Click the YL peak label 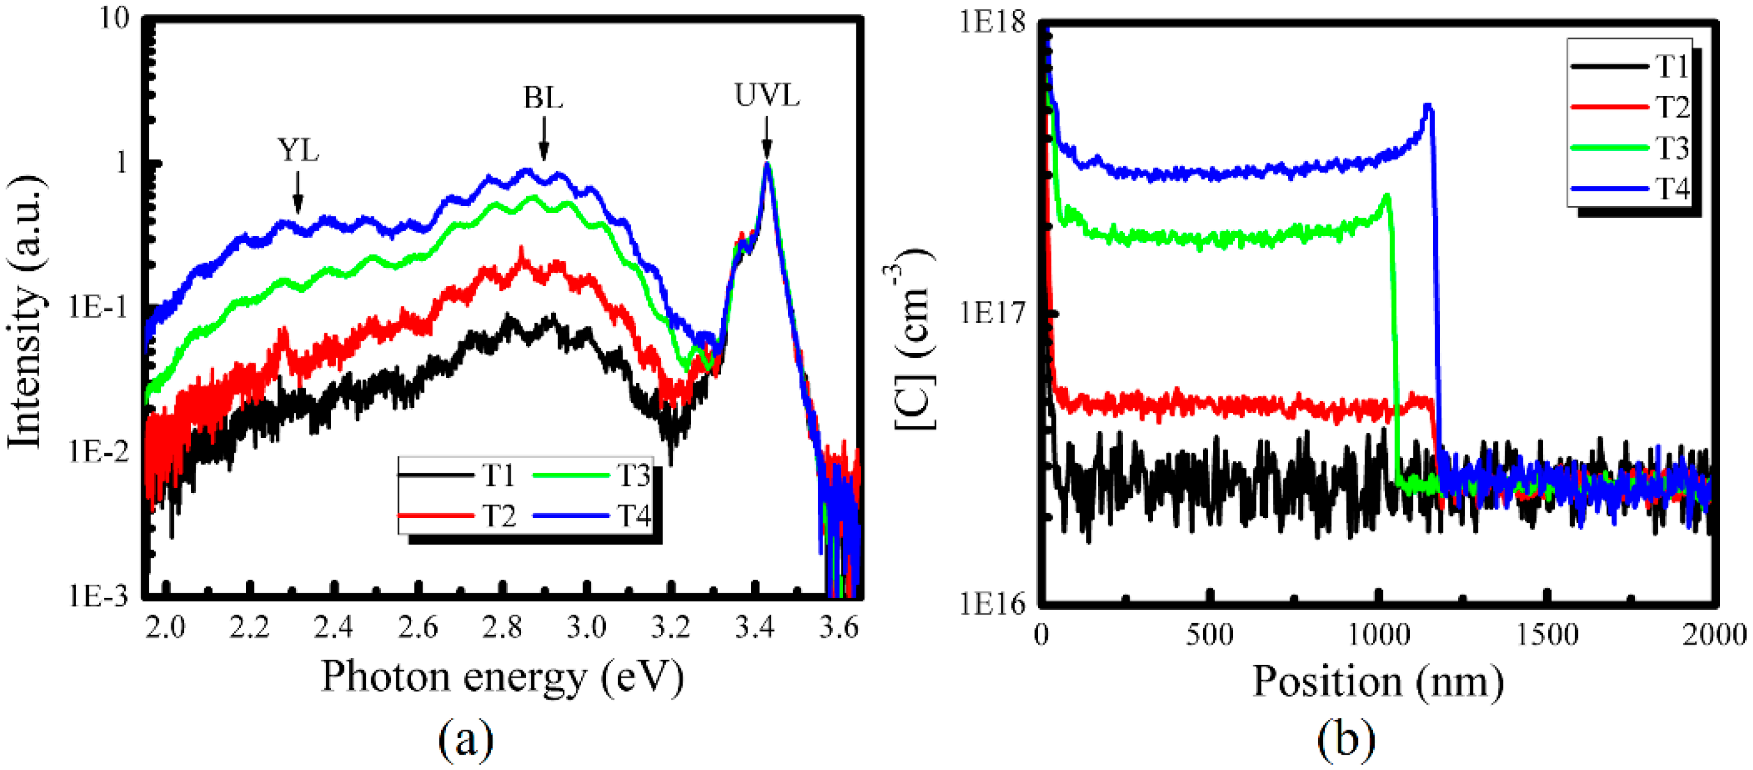[x=297, y=150]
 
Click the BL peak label [x=543, y=98]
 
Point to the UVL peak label [x=766, y=96]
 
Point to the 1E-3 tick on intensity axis [x=98, y=596]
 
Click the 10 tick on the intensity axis [x=114, y=19]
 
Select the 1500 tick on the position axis [x=1547, y=635]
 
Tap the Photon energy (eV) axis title [x=502, y=677]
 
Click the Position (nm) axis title [x=1378, y=681]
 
